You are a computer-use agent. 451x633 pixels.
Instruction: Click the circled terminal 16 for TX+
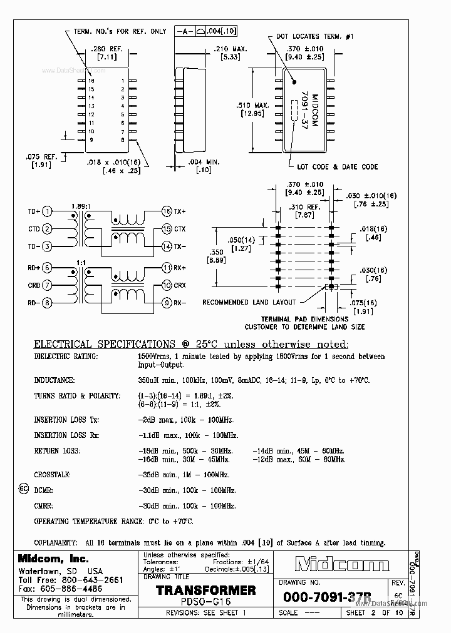coord(167,211)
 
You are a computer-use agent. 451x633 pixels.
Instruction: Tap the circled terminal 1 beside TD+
coord(47,211)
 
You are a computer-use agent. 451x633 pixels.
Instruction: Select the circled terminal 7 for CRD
coord(47,285)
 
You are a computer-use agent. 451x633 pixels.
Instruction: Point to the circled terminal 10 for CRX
coord(167,285)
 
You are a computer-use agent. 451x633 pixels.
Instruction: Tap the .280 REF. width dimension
coord(103,49)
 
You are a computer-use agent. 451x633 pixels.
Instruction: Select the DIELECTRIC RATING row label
coord(66,357)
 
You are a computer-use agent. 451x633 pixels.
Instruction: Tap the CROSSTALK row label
coord(52,475)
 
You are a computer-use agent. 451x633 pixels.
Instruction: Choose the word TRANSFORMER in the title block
coord(205,590)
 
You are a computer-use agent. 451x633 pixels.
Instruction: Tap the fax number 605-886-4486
coord(62,589)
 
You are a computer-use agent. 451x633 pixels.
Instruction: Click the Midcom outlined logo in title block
coord(342,565)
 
